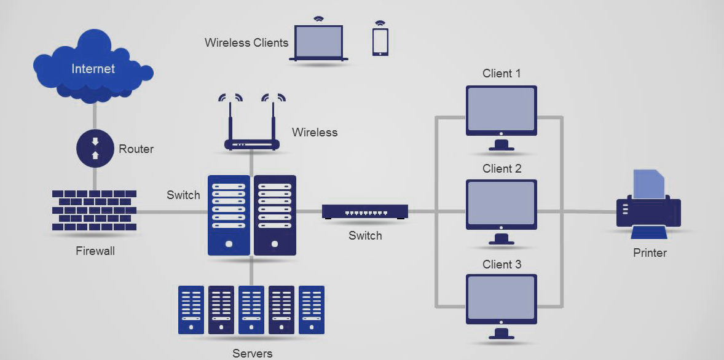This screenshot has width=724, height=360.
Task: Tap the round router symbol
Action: click(95, 149)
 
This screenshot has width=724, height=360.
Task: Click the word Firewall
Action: click(95, 251)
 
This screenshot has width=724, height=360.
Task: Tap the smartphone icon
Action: click(380, 41)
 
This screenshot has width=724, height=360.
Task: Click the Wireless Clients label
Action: click(246, 43)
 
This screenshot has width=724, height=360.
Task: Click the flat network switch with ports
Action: click(365, 212)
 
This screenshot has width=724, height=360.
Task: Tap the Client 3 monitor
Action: click(502, 300)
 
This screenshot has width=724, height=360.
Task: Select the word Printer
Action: click(650, 252)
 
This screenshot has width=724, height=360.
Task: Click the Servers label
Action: click(252, 353)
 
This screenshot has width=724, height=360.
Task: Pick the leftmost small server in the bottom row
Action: click(191, 310)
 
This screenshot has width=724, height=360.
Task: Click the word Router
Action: click(136, 149)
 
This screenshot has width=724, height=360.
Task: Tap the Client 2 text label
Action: click(502, 169)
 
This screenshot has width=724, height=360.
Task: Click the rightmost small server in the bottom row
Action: click(312, 310)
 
